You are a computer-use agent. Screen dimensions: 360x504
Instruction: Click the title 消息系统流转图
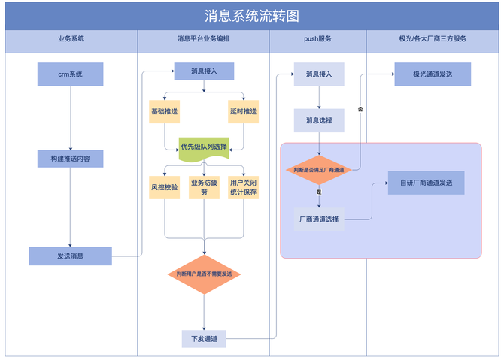tap(252, 16)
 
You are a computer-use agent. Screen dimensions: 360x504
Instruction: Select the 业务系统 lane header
tap(71, 39)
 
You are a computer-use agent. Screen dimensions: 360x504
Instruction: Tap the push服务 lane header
tap(317, 39)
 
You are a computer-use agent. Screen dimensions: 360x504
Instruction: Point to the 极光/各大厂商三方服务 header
tap(433, 39)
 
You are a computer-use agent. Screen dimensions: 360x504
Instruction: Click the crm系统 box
tap(70, 74)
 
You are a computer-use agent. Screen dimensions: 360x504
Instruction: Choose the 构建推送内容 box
tap(70, 159)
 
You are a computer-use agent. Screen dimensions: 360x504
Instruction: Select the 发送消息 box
tap(70, 256)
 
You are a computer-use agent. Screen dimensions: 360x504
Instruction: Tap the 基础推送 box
tap(165, 111)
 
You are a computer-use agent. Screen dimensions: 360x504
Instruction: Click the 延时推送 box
tap(243, 111)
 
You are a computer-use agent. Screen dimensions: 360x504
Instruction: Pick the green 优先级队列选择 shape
tap(204, 147)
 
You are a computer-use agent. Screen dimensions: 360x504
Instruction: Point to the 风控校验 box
tap(165, 187)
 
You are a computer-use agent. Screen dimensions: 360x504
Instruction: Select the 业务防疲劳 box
tap(204, 187)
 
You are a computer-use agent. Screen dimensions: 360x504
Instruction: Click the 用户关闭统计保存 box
tap(243, 187)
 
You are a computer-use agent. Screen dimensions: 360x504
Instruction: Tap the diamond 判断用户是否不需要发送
tap(204, 274)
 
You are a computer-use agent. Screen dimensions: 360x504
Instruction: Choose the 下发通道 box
tap(204, 339)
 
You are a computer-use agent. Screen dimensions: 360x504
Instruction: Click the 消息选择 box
tap(319, 120)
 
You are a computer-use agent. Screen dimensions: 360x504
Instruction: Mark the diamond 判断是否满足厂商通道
tap(319, 171)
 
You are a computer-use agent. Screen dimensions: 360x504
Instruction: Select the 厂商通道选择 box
tap(319, 219)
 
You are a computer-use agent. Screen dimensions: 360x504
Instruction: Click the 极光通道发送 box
tap(433, 74)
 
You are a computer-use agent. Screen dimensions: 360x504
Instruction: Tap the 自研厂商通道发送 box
tap(426, 183)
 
